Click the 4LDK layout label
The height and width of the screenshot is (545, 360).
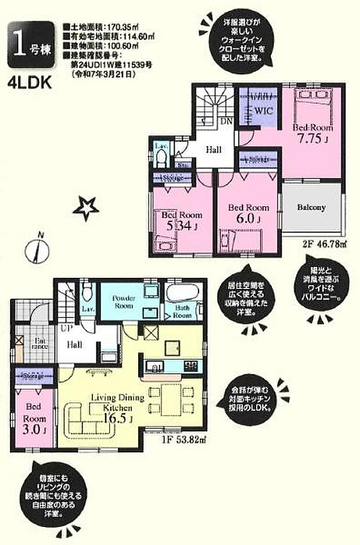tap(30, 82)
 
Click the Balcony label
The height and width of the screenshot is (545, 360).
tap(311, 207)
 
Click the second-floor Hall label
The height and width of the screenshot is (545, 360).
tap(214, 150)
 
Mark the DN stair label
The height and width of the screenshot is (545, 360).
tap(227, 121)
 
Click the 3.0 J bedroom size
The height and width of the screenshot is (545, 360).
tap(33, 430)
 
